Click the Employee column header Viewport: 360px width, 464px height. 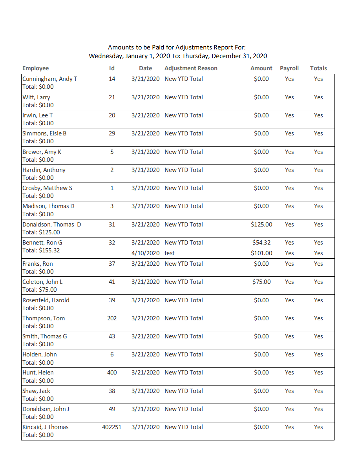coord(36,68)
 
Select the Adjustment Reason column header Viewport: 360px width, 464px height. coord(191,68)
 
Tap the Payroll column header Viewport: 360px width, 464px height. coord(289,68)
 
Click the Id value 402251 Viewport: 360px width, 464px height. coord(112,427)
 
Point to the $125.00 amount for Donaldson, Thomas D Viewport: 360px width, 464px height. coord(261,225)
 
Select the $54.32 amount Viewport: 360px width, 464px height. coord(261,243)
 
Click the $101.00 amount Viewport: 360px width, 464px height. coord(261,253)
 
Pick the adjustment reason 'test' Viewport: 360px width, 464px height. coord(170,253)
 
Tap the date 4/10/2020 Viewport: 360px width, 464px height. coord(146,253)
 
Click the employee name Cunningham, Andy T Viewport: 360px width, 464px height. coord(50,79)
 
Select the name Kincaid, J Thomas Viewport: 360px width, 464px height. coord(46,427)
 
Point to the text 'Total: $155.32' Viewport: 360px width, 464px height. coord(41,250)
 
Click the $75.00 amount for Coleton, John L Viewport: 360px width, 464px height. coord(261,282)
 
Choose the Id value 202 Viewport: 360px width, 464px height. coord(112,318)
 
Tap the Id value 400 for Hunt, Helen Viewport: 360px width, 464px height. coord(112,373)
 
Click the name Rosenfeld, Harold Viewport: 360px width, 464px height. coord(46,300)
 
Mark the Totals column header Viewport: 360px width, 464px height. coord(318,68)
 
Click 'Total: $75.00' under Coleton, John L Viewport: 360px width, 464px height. coord(40,290)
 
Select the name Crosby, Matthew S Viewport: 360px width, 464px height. coord(48,188)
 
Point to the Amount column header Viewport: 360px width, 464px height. coord(261,68)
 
